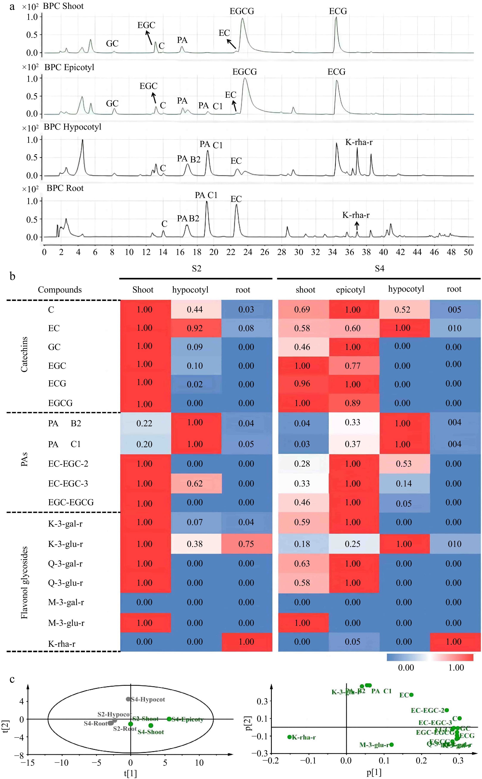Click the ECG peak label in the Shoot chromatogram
point(338,11)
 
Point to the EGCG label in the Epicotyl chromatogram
point(244,72)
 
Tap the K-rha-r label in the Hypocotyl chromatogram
point(359,142)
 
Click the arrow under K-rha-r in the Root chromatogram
point(357,226)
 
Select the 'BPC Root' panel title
point(65,188)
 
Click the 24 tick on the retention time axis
point(248,252)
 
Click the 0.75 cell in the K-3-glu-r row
point(246,544)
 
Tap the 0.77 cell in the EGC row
point(353,366)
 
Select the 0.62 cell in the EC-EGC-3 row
point(195,484)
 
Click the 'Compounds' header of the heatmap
point(60,290)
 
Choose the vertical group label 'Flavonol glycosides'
point(24,583)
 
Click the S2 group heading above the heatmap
point(196,269)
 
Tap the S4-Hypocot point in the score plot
point(128,699)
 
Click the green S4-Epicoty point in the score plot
point(169,719)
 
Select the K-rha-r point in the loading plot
point(290,737)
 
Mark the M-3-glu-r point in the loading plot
point(391,744)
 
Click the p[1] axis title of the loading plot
point(374,773)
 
